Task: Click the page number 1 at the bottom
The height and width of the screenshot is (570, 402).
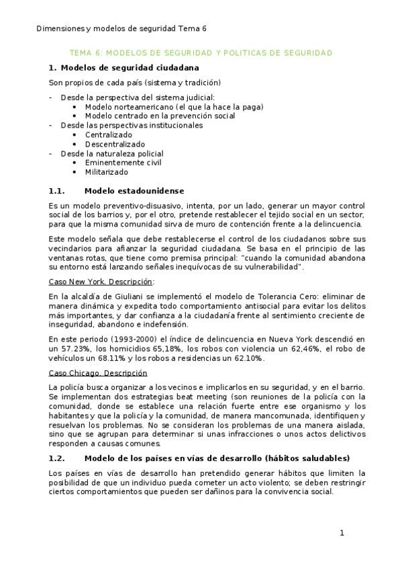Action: (342, 533)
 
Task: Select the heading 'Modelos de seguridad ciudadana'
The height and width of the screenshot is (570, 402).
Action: (129, 67)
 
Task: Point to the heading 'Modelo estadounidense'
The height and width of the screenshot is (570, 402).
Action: (134, 191)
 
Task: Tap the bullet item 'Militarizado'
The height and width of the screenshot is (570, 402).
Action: (106, 171)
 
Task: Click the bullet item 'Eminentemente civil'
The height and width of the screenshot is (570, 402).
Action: (123, 162)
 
